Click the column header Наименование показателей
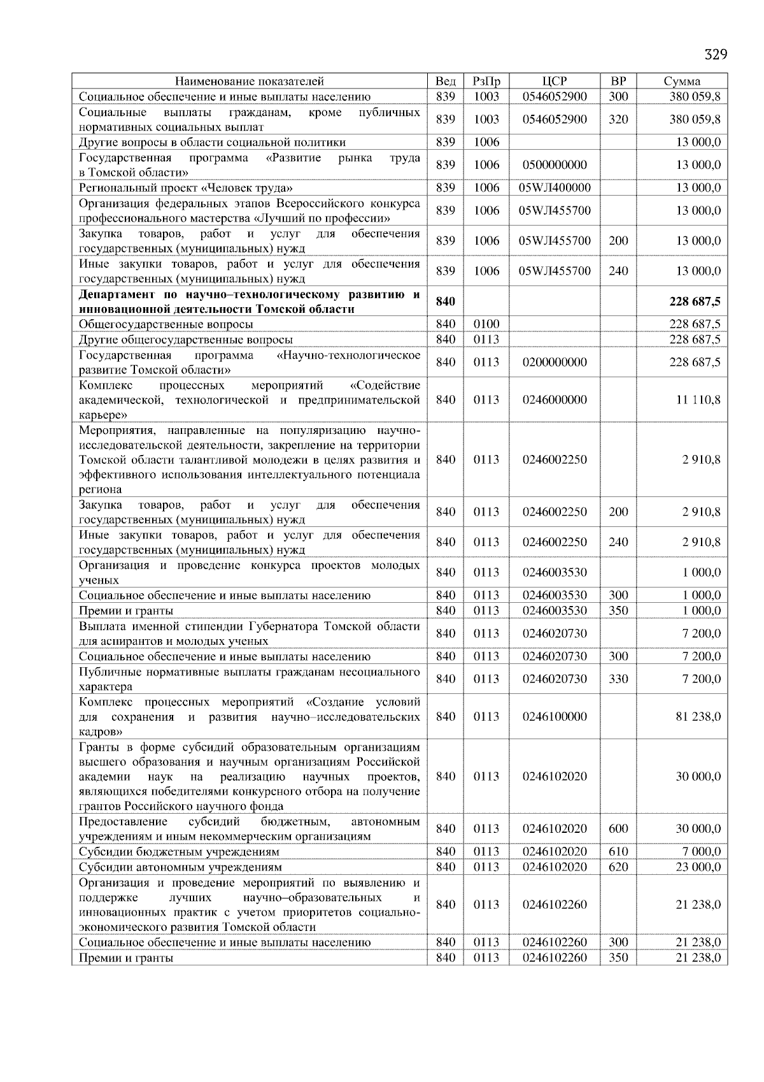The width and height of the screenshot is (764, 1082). (249, 81)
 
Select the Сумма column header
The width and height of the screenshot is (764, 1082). (682, 81)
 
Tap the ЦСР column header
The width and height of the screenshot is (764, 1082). (554, 81)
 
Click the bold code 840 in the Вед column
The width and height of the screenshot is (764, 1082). (446, 301)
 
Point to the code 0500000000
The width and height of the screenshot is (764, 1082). (554, 165)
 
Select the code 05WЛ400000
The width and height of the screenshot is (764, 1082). (554, 188)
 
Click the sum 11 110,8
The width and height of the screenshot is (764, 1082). (698, 400)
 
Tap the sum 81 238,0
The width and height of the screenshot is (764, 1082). (698, 717)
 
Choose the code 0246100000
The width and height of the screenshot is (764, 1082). (554, 717)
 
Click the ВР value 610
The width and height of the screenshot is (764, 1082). (618, 852)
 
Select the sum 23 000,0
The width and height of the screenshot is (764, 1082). (698, 867)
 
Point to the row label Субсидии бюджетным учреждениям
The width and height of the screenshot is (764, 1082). (179, 852)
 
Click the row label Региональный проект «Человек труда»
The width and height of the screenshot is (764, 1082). (186, 188)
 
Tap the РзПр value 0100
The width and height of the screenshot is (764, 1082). (486, 324)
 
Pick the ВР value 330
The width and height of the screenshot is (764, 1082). (618, 679)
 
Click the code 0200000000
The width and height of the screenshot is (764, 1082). (554, 363)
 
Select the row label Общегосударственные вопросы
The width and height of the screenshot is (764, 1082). (166, 324)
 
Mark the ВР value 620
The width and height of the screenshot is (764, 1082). (618, 867)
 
